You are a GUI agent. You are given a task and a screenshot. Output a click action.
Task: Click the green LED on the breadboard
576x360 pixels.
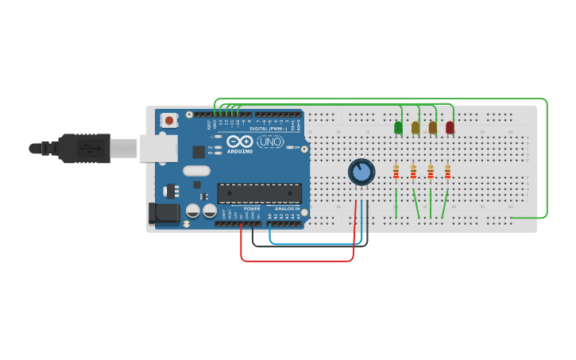398,126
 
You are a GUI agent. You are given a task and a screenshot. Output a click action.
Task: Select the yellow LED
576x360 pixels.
416,127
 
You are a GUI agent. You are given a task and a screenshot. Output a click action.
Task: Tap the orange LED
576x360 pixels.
433,127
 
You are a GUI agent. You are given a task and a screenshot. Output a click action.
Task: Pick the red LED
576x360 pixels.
450,127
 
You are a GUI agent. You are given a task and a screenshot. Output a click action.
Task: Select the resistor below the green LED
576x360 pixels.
396,172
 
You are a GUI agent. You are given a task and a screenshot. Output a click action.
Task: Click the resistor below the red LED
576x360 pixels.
447,172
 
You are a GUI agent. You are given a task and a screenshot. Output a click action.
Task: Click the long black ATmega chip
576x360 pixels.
259,193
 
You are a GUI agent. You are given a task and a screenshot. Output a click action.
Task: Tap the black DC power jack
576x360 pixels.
163,212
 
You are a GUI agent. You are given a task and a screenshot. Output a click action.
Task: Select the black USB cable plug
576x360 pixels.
83,148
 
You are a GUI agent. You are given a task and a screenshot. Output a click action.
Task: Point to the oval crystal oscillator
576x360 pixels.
196,170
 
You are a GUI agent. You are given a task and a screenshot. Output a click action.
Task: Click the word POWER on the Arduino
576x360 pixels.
252,209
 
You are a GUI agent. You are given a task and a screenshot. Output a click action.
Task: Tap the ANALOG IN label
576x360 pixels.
288,209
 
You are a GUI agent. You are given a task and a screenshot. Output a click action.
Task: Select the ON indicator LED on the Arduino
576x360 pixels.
296,148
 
